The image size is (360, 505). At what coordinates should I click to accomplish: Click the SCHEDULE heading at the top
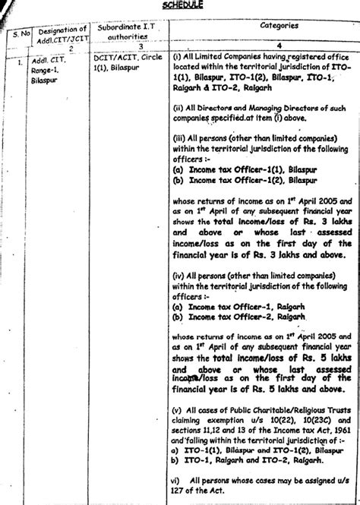182,5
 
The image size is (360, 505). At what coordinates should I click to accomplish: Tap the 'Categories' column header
257,24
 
